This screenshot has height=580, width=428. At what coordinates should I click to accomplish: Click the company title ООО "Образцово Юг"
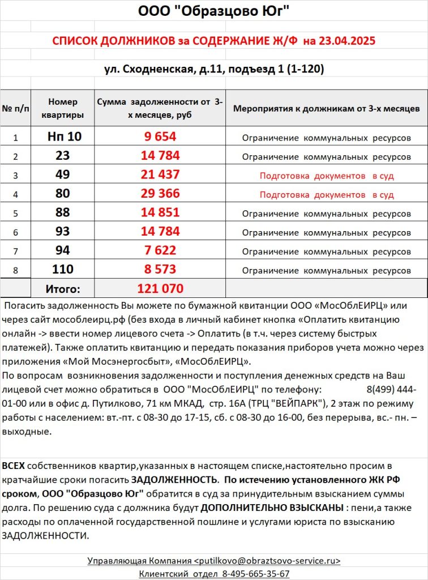pos(214,11)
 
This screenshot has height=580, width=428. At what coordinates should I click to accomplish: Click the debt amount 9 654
pos(160,137)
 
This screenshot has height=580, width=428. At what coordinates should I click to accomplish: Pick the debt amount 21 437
pos(160,174)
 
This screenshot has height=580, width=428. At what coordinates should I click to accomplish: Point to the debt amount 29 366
pos(160,194)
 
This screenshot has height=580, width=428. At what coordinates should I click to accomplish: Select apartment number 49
pos(63,174)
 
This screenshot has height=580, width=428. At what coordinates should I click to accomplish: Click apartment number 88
pos(63,212)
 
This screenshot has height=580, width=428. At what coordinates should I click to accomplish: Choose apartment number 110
pos(63,270)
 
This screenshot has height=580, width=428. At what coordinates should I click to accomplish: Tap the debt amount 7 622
pos(160,250)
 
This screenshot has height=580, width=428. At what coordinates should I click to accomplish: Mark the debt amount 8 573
pos(160,270)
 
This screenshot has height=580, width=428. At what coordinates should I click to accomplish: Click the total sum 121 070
pos(160,288)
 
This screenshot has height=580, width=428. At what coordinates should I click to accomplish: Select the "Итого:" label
pos(63,289)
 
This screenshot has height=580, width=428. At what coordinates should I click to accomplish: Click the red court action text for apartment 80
pos(327,195)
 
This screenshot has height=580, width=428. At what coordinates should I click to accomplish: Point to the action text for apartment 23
pos(327,156)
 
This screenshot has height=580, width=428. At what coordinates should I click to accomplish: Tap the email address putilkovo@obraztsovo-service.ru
pos(267,561)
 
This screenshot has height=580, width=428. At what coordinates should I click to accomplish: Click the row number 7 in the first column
pos(15,251)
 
